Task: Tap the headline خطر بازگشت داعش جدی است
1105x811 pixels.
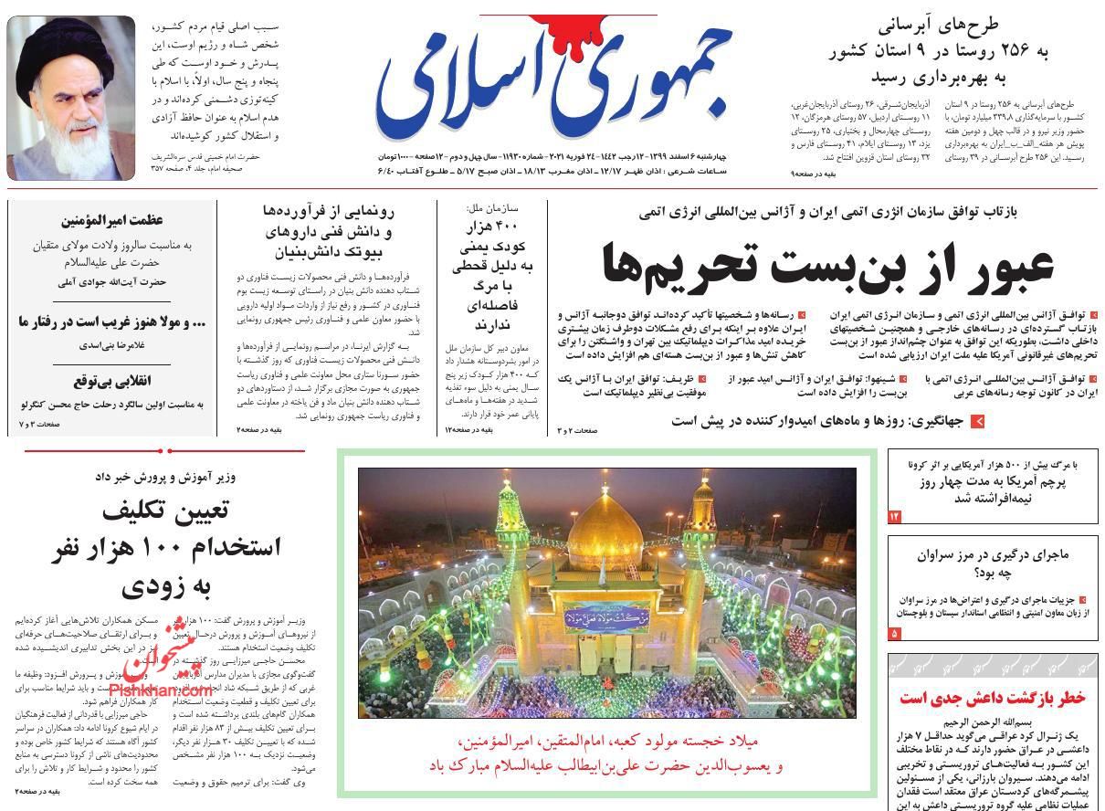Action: point(993,699)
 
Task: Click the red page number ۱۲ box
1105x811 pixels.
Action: point(895,518)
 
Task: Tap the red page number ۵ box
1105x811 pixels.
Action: point(895,633)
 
